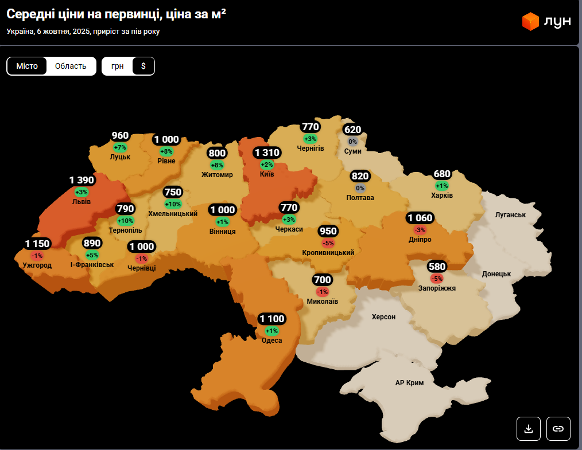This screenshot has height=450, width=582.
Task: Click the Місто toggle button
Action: point(27,66)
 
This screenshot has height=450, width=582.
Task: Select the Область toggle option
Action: point(71,66)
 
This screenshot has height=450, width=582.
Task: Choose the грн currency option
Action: point(118,66)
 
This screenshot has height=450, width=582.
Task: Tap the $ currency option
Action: point(143,66)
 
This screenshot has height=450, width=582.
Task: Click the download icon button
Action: point(529,428)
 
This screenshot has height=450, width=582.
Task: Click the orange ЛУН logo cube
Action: point(530,21)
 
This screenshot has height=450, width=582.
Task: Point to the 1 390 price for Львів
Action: point(82,181)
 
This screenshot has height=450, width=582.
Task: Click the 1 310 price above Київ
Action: point(267,152)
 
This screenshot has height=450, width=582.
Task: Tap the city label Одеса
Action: point(271,341)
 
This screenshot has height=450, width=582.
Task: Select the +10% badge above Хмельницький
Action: point(173,204)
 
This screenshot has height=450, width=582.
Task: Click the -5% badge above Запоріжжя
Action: point(437,279)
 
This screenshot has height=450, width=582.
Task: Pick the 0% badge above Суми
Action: point(352,142)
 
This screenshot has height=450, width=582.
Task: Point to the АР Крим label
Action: point(409,382)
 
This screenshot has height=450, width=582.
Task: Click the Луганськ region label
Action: point(510,214)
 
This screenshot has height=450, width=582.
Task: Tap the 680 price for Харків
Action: point(442,174)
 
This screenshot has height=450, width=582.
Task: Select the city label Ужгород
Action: point(37,265)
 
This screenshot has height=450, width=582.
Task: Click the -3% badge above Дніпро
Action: point(420,229)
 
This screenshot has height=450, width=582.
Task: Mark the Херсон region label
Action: point(383,316)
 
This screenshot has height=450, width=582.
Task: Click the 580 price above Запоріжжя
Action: point(437,267)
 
